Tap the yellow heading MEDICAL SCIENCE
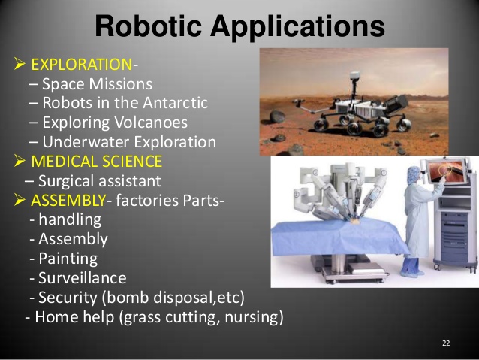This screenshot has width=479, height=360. point(96,162)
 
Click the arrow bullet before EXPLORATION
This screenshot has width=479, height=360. point(21,65)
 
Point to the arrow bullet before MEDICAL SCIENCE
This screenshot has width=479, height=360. point(21,162)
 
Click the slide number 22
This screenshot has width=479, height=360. point(446,343)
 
